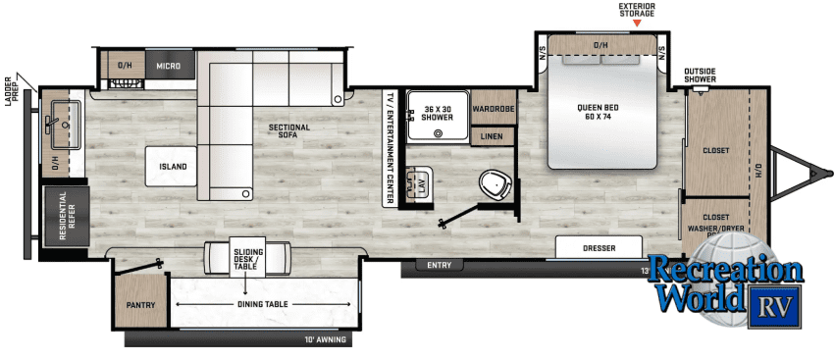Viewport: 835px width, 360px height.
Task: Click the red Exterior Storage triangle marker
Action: pyautogui.click(x=637, y=22)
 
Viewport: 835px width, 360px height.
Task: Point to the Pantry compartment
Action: pyautogui.click(x=140, y=304)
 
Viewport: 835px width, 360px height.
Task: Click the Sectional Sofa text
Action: pyautogui.click(x=288, y=131)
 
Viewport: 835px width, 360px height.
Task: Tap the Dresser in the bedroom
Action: pyautogui.click(x=599, y=247)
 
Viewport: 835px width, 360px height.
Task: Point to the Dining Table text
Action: pyautogui.click(x=263, y=304)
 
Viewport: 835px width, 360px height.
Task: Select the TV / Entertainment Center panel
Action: pyautogui.click(x=389, y=147)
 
